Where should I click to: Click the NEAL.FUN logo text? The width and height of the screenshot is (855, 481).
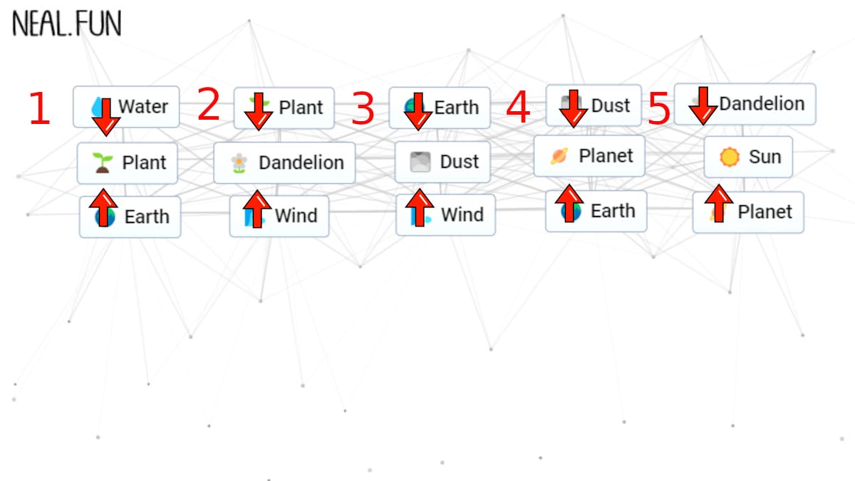(67, 24)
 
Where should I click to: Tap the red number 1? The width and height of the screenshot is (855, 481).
(39, 108)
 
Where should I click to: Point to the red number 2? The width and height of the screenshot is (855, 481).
(209, 103)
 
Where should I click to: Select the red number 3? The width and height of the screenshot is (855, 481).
(363, 108)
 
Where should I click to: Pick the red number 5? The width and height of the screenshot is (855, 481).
(659, 108)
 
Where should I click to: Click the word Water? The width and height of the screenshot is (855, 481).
(143, 106)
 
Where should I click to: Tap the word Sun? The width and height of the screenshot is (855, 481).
(765, 157)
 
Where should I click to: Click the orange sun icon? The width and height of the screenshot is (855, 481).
(730, 157)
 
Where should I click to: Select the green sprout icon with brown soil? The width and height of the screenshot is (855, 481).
(103, 163)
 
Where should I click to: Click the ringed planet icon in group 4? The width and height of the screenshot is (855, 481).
(559, 156)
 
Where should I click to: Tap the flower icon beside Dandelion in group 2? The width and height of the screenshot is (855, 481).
(239, 163)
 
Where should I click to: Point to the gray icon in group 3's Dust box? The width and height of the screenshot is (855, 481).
(420, 162)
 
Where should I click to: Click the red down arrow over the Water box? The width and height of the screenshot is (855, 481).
(105, 117)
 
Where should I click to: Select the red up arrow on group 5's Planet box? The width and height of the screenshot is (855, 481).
(719, 204)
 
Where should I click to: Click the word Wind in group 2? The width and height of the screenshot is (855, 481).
(296, 216)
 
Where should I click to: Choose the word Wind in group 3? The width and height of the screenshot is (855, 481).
(462, 214)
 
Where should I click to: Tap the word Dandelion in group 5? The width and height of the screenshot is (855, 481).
(762, 103)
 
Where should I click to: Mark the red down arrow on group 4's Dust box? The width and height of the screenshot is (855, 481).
(574, 109)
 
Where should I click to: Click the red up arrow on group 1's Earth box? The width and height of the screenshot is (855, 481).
(103, 207)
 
